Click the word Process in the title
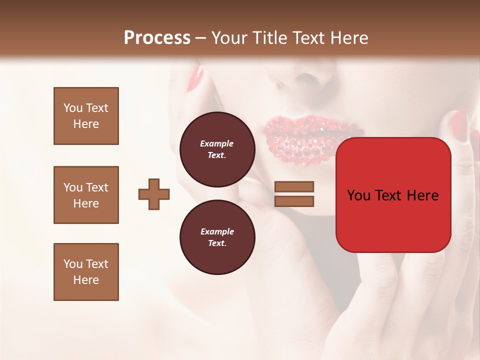(157, 38)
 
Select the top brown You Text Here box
(86, 116)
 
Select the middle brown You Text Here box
(86, 195)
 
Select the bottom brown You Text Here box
(86, 272)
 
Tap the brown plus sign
(154, 193)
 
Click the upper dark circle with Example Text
(217, 149)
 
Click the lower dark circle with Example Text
(217, 237)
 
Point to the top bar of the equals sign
(294, 186)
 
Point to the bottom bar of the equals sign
(294, 201)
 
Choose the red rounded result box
(393, 195)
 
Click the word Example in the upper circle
(217, 143)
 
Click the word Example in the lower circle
(217, 231)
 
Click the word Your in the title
(227, 38)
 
